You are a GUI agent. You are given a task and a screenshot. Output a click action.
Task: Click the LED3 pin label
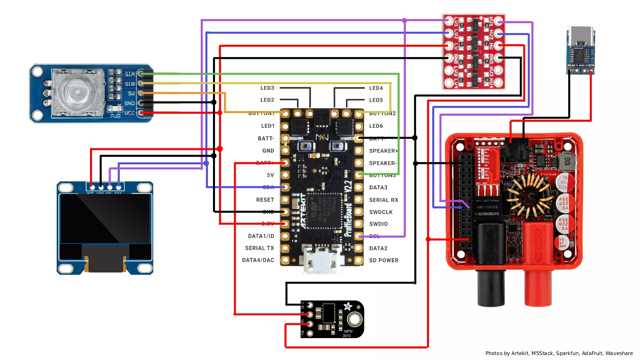(267, 88)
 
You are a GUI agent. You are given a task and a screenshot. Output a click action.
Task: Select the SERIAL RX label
(383, 200)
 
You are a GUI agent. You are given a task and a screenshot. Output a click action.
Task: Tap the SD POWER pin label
(383, 260)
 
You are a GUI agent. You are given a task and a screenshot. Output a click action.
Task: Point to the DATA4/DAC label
(258, 260)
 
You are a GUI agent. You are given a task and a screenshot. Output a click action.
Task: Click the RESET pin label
(265, 200)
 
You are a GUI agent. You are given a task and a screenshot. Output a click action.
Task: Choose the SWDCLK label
(381, 212)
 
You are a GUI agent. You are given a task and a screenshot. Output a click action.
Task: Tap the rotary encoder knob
(77, 92)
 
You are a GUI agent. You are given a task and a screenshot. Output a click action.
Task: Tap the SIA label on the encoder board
(130, 74)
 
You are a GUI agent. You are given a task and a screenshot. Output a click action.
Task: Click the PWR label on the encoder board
(115, 116)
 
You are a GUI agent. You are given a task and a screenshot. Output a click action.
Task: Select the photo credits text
(559, 353)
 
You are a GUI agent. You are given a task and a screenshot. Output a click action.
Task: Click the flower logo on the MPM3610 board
(348, 306)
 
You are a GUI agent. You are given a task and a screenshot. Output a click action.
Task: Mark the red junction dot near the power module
(428, 239)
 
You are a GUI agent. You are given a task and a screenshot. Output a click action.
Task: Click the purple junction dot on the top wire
(404, 21)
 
